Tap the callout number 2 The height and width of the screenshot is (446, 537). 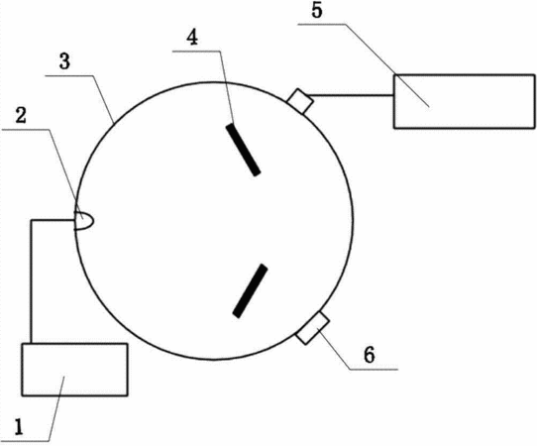21,115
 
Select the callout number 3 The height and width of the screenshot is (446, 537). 64,62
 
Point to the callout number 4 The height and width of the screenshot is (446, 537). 192,38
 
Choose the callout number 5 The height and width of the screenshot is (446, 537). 317,11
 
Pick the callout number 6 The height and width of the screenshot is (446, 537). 370,355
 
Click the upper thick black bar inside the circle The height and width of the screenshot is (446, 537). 243,150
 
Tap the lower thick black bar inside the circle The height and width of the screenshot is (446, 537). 250,290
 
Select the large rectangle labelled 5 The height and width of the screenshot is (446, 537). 464,101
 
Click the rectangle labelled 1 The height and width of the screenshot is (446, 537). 74,370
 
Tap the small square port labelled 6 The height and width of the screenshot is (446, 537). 313,328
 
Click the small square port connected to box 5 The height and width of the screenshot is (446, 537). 300,101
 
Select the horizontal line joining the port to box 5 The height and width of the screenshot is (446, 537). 351,95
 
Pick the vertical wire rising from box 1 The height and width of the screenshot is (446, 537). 31,281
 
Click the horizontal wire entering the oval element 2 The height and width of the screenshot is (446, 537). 54,220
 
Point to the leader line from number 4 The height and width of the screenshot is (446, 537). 226,87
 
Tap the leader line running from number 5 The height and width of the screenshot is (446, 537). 387,65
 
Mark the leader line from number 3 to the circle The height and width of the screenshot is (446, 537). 104,99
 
